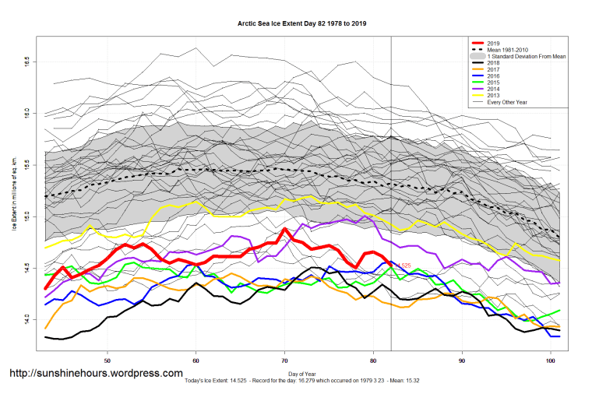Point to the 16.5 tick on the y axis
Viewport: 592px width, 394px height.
coord(27,60)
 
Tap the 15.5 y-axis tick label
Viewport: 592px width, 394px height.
coord(27,164)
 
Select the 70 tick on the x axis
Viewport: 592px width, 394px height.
coord(285,361)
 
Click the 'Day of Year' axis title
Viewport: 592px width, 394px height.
coord(301,375)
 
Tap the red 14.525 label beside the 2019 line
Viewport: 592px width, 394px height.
coord(403,266)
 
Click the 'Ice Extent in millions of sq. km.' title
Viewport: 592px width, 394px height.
coord(15,189)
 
